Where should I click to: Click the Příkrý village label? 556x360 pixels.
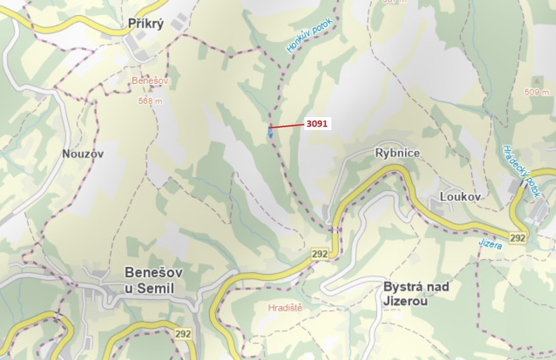[146, 24]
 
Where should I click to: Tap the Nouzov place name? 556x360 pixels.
[83, 154]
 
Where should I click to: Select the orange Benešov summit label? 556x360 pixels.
[150, 81]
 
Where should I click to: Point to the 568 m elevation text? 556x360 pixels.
[150, 101]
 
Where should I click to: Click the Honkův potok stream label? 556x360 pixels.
[309, 35]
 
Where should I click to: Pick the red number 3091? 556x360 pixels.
[317, 124]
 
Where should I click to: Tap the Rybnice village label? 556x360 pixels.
[397, 153]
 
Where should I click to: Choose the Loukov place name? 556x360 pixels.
[460, 197]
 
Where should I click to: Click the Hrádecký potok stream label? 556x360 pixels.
[521, 171]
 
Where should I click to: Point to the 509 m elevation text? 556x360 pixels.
[536, 92]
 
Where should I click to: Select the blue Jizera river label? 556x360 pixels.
[490, 244]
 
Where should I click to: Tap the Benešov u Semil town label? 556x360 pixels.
[153, 280]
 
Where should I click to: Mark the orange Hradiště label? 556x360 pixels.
[285, 308]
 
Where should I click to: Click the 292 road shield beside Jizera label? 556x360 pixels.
[518, 238]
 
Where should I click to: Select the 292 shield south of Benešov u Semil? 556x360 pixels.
[183, 334]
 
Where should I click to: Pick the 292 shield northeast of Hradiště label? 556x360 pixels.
[320, 254]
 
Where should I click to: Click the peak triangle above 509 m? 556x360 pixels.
[537, 81]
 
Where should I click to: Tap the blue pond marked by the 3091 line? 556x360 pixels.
[270, 132]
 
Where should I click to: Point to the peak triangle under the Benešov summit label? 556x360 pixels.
[150, 90]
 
